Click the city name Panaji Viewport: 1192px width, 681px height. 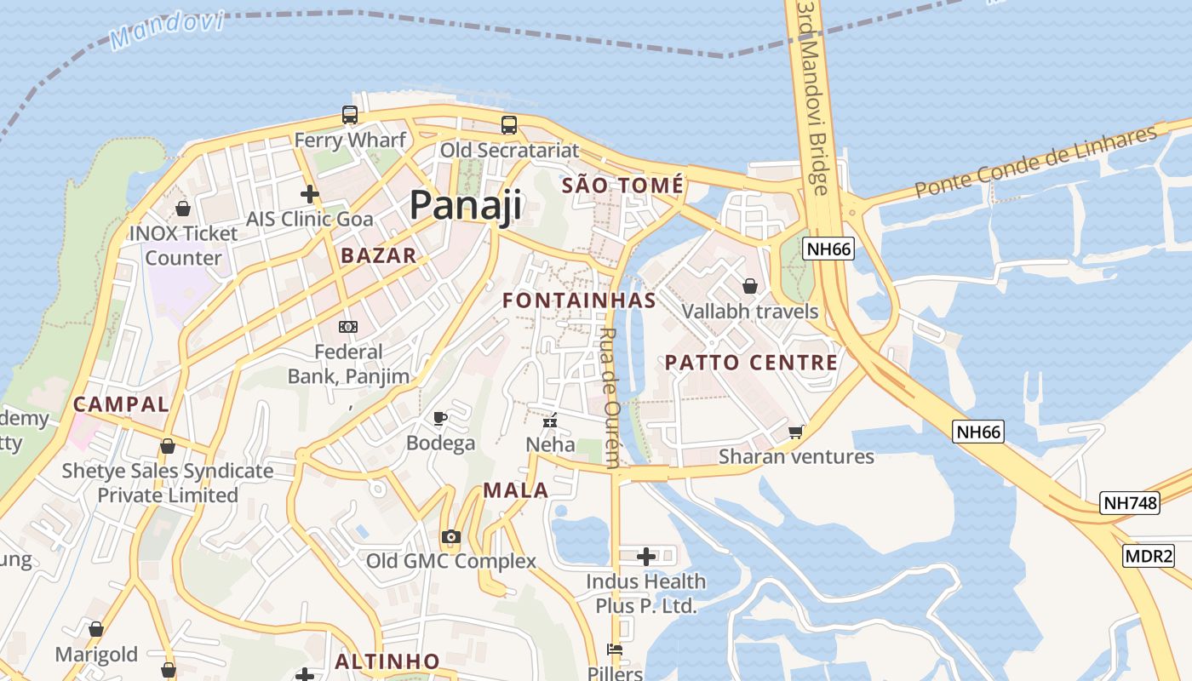(x=465, y=206)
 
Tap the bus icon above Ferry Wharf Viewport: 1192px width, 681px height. (x=349, y=115)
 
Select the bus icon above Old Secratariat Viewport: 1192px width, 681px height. (x=509, y=125)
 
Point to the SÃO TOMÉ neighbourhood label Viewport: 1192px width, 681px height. (x=622, y=186)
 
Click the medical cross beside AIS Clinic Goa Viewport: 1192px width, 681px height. (x=309, y=194)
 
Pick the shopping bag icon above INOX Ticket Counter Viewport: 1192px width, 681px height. (x=182, y=208)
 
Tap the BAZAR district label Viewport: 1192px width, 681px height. (x=379, y=255)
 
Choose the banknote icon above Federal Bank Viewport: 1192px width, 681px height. (x=347, y=327)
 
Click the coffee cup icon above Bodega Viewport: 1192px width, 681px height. (x=440, y=418)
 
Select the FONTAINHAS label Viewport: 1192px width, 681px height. (x=579, y=300)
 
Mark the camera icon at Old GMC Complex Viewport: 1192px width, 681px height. (x=450, y=536)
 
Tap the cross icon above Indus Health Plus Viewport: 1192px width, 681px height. (x=646, y=557)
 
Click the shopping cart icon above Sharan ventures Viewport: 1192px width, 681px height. (x=795, y=432)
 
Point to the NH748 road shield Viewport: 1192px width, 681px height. (x=1130, y=503)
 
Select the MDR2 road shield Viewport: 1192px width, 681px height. (x=1149, y=557)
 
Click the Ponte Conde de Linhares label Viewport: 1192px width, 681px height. (x=1036, y=162)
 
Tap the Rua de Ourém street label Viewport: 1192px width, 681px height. (x=610, y=398)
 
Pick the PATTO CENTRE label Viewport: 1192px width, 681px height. (x=751, y=363)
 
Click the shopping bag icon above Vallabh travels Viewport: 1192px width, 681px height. (x=750, y=286)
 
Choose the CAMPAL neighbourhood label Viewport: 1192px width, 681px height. (x=121, y=404)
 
